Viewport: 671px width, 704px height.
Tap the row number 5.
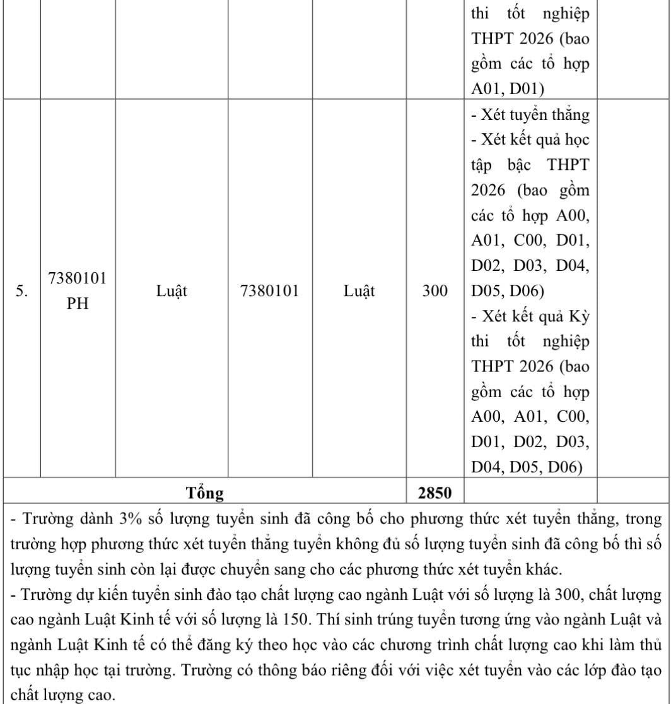[x=21, y=291]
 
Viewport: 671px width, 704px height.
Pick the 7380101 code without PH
[x=269, y=291]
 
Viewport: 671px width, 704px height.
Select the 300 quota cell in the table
[x=435, y=291]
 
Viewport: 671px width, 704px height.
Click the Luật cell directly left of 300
[x=359, y=291]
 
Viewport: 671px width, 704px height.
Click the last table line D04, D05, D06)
[x=527, y=467]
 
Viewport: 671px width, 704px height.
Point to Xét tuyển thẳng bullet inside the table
[x=530, y=115]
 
